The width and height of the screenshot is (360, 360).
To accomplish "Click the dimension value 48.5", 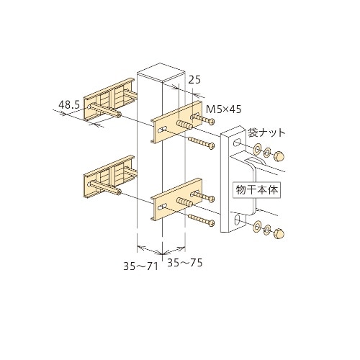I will [x=68, y=104].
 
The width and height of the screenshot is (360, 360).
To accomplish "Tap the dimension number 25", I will [x=194, y=82].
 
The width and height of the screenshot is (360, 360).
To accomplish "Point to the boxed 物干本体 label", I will [x=256, y=191].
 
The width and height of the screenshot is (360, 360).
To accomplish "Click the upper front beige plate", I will [x=176, y=122].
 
